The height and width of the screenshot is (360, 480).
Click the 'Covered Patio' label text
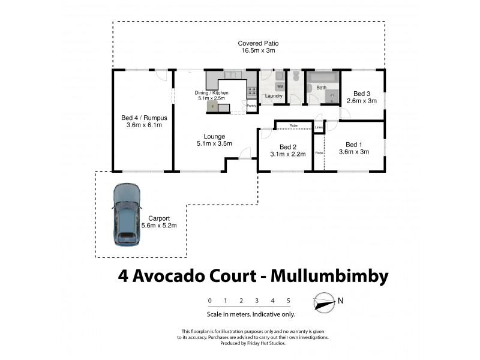(x=258, y=44)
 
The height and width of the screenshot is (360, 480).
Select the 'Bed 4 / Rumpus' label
(x=143, y=118)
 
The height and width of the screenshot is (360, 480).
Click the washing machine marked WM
(x=280, y=86)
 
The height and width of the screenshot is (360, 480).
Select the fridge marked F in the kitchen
(x=211, y=107)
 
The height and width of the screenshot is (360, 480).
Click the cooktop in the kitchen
(x=252, y=92)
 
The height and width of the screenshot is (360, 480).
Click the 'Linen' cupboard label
(x=318, y=127)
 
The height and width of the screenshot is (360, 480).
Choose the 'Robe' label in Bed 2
(x=293, y=125)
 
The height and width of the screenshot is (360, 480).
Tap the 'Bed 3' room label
(x=361, y=93)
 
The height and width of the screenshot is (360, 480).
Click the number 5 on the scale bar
(x=289, y=300)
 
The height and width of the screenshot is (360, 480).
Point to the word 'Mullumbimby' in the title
(x=330, y=276)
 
